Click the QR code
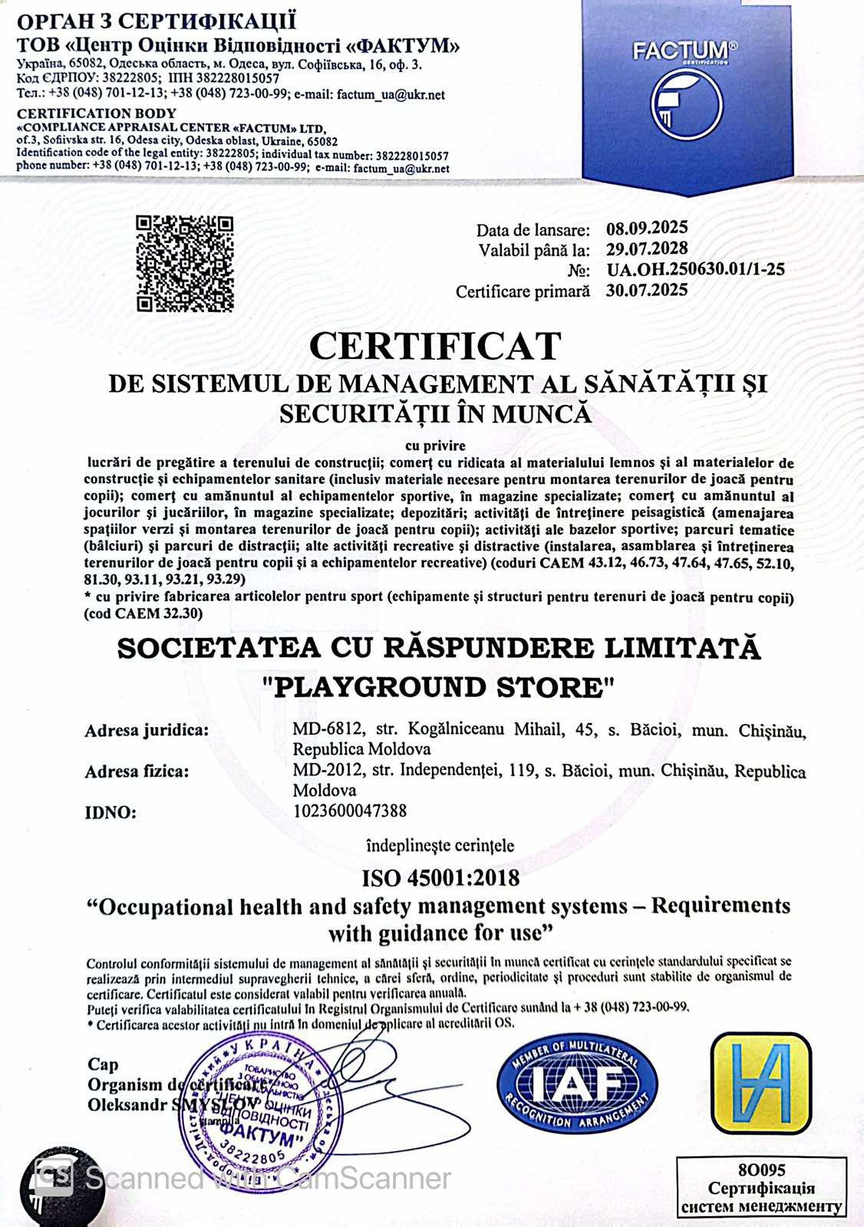[x=184, y=264]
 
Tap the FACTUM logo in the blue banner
[x=685, y=88]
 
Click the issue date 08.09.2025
[x=647, y=229]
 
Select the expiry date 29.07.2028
[x=647, y=249]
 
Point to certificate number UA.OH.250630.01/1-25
[x=695, y=270]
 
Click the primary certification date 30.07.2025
[x=647, y=291]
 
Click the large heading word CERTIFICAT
[x=435, y=347]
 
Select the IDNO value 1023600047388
[x=350, y=811]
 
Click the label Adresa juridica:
[x=147, y=730]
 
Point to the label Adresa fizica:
[x=137, y=771]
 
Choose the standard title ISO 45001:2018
[x=440, y=878]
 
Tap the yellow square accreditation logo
[x=760, y=1084]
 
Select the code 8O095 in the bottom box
[x=761, y=1170]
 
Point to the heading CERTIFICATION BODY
[x=97, y=113]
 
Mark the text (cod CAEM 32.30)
[x=143, y=613]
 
